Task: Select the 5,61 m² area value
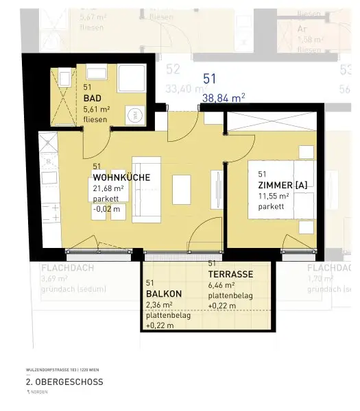[x=97, y=108]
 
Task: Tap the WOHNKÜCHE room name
[x=121, y=177]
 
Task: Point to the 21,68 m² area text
[x=108, y=188]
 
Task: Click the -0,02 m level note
[x=106, y=209]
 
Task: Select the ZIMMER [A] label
[x=283, y=185]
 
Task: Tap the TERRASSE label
[x=230, y=274]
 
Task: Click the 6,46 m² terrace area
[x=221, y=284]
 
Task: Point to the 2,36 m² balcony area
[x=158, y=305]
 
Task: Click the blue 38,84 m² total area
[x=224, y=98]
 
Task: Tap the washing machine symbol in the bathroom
[x=137, y=115]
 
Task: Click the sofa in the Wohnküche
[x=145, y=188]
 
